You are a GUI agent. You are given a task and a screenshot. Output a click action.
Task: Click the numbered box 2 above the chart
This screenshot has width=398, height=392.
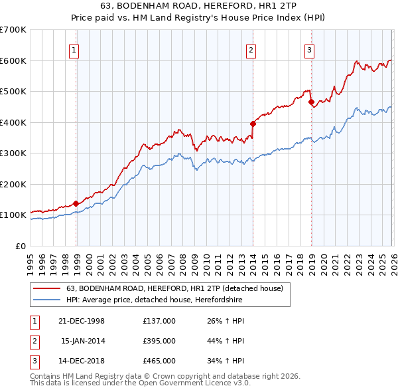[x=251, y=49]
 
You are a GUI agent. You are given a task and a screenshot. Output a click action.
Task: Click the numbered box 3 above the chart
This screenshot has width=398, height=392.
[x=309, y=49]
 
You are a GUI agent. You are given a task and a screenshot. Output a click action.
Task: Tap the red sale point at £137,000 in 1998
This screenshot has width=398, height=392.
[x=76, y=203]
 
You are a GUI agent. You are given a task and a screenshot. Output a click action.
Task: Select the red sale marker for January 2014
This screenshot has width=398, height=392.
[x=253, y=124]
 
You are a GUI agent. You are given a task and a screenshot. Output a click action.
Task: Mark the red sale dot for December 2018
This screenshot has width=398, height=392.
[x=311, y=102]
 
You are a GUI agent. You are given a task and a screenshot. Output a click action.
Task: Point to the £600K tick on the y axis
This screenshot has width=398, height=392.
[x=13, y=60]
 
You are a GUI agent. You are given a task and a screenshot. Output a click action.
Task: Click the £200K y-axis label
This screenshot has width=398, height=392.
[x=13, y=184]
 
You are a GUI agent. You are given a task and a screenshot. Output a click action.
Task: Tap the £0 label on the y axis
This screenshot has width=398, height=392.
[x=20, y=246]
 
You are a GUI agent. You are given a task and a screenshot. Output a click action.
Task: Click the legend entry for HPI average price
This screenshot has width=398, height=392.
[x=154, y=300]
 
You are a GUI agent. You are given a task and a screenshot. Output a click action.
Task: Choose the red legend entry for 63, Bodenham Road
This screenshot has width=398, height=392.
[x=174, y=288]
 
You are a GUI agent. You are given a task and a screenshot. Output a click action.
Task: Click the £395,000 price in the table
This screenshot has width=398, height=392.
[x=159, y=340]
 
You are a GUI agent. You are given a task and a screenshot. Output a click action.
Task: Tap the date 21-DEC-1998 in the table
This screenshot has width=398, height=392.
[x=82, y=320]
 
